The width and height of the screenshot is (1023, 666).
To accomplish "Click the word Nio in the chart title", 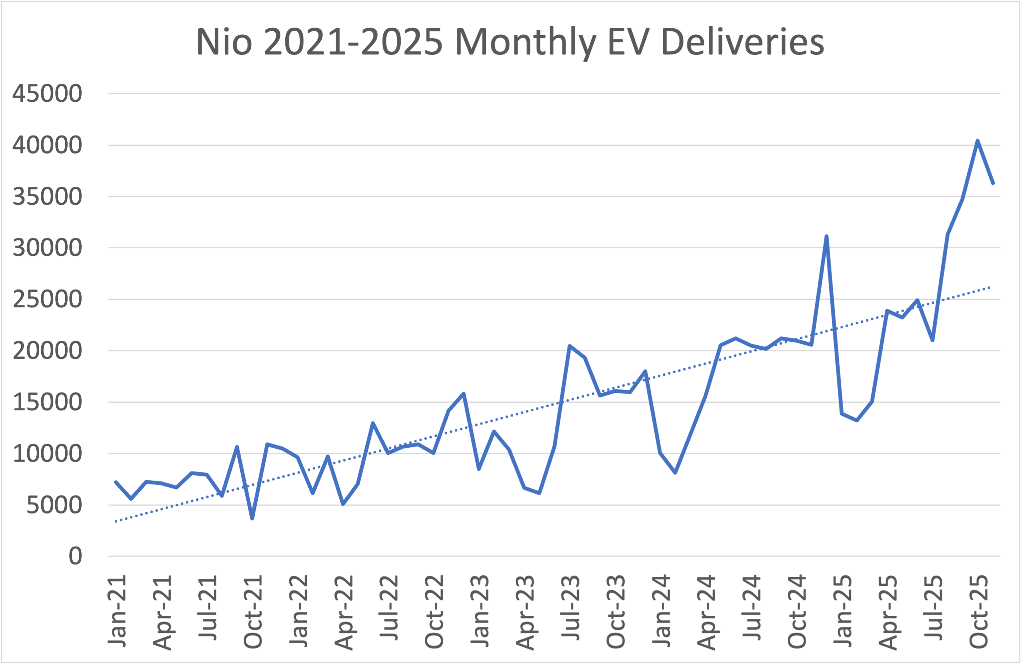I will click(224, 42).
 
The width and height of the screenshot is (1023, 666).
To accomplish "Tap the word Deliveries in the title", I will click(743, 42).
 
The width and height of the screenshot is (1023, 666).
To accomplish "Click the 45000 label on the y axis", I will click(47, 93).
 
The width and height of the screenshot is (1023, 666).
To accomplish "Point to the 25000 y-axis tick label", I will click(47, 299).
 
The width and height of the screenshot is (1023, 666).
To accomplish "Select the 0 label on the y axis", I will click(75, 556).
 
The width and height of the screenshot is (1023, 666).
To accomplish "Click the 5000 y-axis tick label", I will click(54, 505).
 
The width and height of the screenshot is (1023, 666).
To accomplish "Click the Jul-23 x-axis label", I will click(571, 608).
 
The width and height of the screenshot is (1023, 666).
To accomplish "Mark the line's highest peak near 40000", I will click(978, 141).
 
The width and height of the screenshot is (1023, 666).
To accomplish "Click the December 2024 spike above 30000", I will click(827, 236).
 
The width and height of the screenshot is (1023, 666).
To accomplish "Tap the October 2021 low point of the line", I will click(252, 518).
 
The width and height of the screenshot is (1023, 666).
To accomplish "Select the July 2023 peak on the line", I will click(569, 346).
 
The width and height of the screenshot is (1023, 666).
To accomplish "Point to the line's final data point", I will click(993, 183).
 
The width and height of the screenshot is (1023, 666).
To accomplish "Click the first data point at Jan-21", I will click(116, 482).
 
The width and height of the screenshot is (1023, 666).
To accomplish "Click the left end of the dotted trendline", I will click(116, 521).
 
